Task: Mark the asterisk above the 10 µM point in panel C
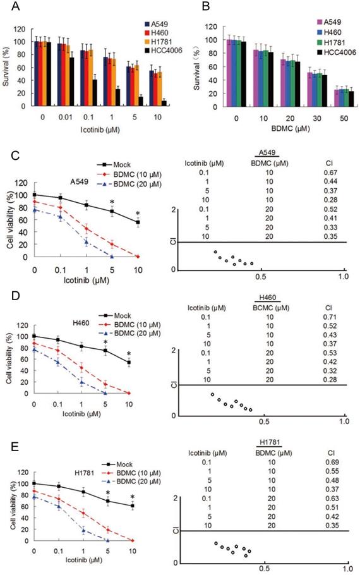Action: tap(137, 214)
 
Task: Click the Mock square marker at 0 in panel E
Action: tap(35, 483)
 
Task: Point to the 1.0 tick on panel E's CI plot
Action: tap(344, 567)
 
